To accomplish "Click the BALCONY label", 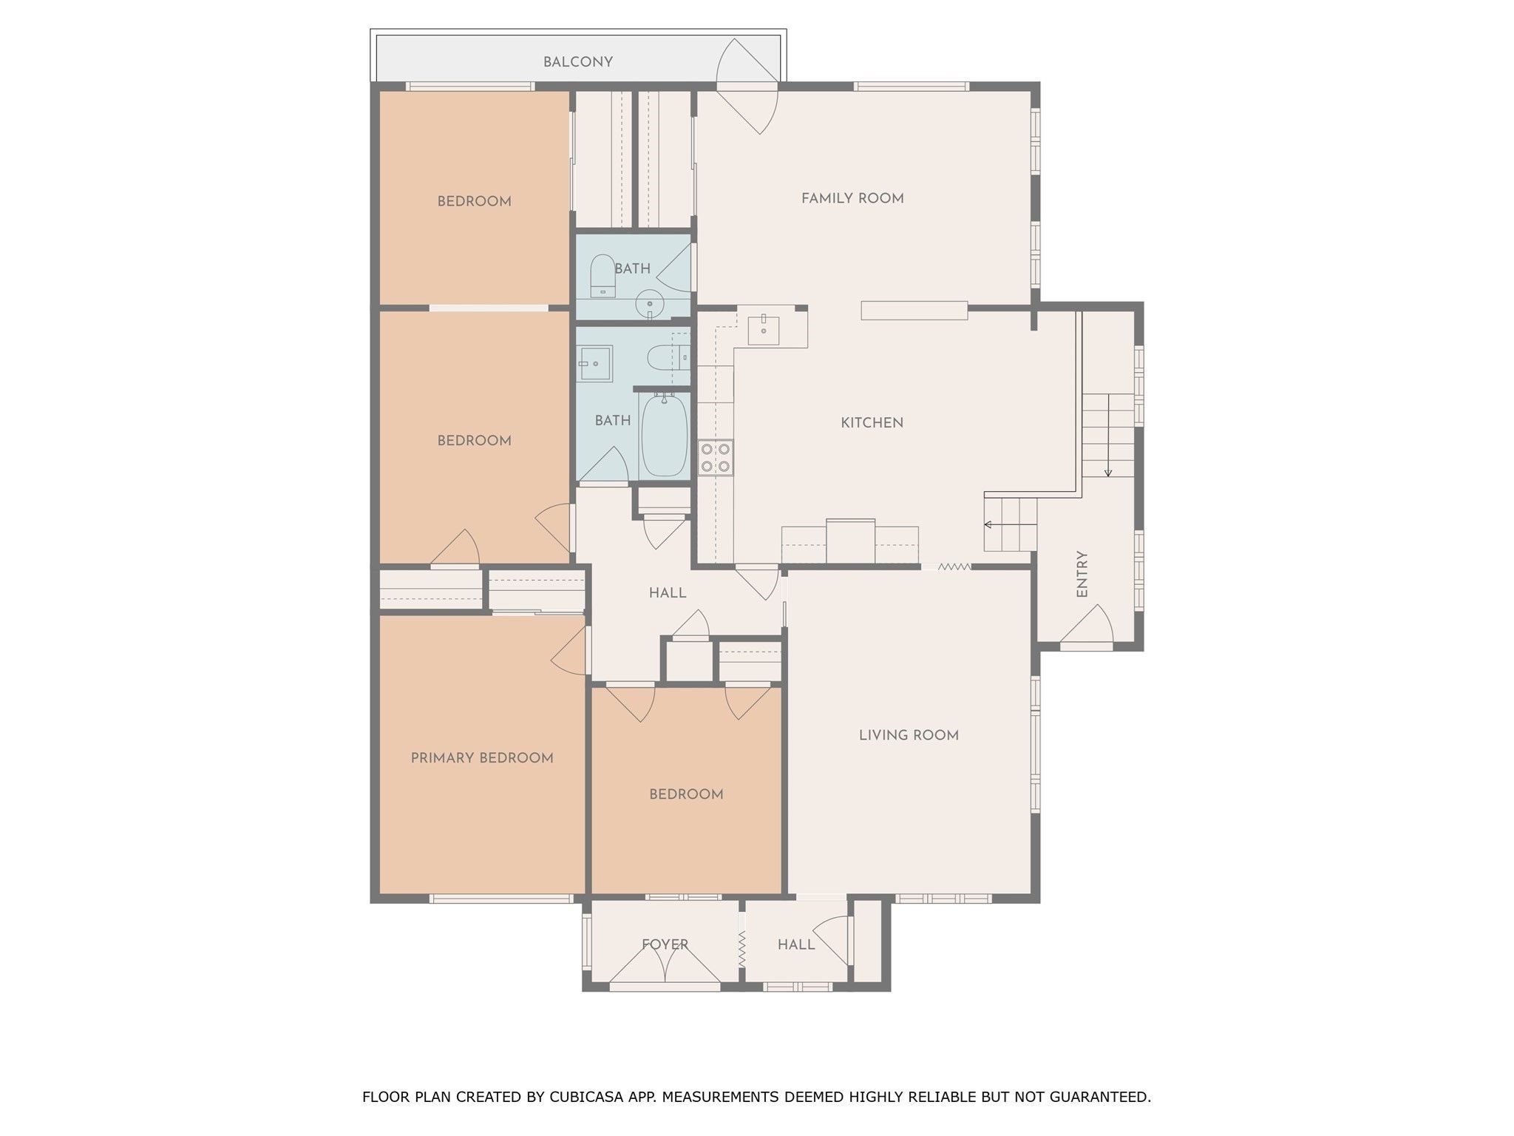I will pyautogui.click(x=577, y=62).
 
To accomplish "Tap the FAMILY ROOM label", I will pyautogui.click(x=852, y=198).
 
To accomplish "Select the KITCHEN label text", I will pyautogui.click(x=872, y=423).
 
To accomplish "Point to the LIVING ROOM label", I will pyautogui.click(x=909, y=735).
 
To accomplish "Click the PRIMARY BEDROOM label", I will pyautogui.click(x=482, y=758).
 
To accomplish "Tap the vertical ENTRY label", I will pyautogui.click(x=1082, y=574).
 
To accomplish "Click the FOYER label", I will pyautogui.click(x=665, y=944).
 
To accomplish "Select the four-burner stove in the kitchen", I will pyautogui.click(x=715, y=457).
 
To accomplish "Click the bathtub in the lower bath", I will pyautogui.click(x=664, y=436).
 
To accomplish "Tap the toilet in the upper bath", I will pyautogui.click(x=602, y=275).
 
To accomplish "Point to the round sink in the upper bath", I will pyautogui.click(x=650, y=304).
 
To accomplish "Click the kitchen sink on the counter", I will pyautogui.click(x=763, y=330).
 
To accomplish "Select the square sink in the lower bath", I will pyautogui.click(x=594, y=364).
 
